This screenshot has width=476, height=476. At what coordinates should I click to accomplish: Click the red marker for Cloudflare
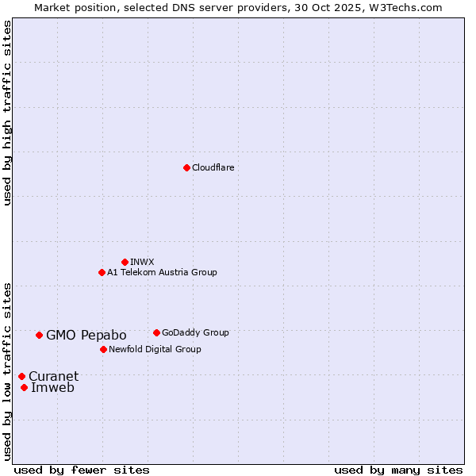pyautogui.click(x=186, y=167)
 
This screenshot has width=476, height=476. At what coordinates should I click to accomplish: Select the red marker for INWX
pyautogui.click(x=125, y=262)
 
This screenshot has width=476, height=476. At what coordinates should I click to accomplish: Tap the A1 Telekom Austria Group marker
pyautogui.click(x=102, y=272)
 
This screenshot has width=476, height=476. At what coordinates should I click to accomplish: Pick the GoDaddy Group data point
pyautogui.click(x=156, y=332)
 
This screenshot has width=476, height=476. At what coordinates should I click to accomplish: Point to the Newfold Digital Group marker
pyautogui.click(x=103, y=349)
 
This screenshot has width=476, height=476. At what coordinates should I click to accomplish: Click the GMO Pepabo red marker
pyautogui.click(x=39, y=335)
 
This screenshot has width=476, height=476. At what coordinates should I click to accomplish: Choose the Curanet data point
pyautogui.click(x=21, y=376)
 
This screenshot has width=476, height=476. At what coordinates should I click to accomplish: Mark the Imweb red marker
pyautogui.click(x=25, y=387)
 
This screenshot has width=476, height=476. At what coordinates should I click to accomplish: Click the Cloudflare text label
pyautogui.click(x=213, y=167)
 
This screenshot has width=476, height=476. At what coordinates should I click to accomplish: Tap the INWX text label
pyautogui.click(x=142, y=262)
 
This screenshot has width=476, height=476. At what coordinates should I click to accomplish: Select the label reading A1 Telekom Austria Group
pyautogui.click(x=162, y=272)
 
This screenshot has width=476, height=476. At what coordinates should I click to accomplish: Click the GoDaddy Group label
pyautogui.click(x=195, y=332)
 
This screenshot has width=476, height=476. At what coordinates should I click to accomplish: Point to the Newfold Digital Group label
pyautogui.click(x=155, y=349)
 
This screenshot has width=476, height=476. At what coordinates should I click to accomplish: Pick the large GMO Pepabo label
pyautogui.click(x=86, y=335)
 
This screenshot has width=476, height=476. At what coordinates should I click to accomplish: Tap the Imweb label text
pyautogui.click(x=52, y=387)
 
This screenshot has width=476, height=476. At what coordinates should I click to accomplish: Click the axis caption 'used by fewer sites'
pyautogui.click(x=82, y=470)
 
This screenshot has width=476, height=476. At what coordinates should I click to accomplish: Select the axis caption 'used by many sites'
pyautogui.click(x=398, y=470)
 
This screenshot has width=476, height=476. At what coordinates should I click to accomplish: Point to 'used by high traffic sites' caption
pyautogui.click(x=7, y=113)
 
